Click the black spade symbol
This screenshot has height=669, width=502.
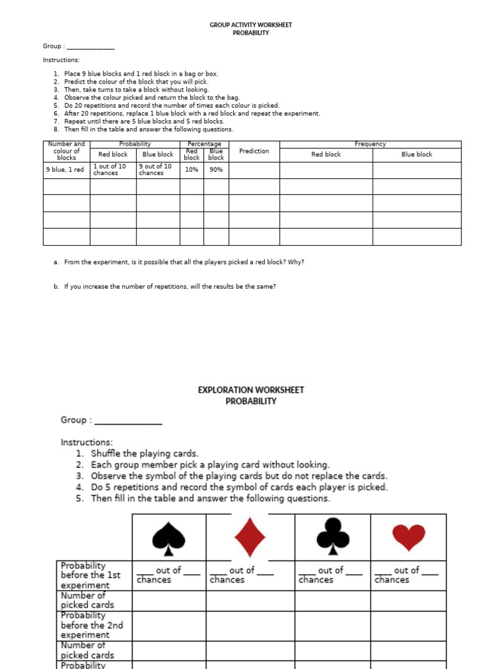[x=169, y=538]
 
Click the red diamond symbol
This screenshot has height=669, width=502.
[x=250, y=538]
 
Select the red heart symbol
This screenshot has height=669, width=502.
[x=409, y=538]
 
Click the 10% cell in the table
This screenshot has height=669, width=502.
[x=192, y=170]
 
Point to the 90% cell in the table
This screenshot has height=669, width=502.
[x=216, y=170]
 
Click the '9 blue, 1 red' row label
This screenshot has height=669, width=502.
[x=65, y=170]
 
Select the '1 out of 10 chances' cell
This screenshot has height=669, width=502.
[x=112, y=170]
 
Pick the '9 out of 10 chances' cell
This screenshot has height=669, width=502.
[x=157, y=170]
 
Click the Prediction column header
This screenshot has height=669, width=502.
[x=254, y=151]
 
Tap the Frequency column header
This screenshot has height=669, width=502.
[x=370, y=144]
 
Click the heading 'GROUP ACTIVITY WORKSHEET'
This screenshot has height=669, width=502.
[x=251, y=25]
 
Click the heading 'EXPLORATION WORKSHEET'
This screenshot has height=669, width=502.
[x=251, y=390]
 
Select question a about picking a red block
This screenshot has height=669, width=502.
[x=184, y=262]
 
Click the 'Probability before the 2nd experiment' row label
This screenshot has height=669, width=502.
[x=92, y=625]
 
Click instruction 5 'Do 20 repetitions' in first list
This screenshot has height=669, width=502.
[x=171, y=105]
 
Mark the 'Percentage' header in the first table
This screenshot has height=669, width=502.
[x=204, y=144]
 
